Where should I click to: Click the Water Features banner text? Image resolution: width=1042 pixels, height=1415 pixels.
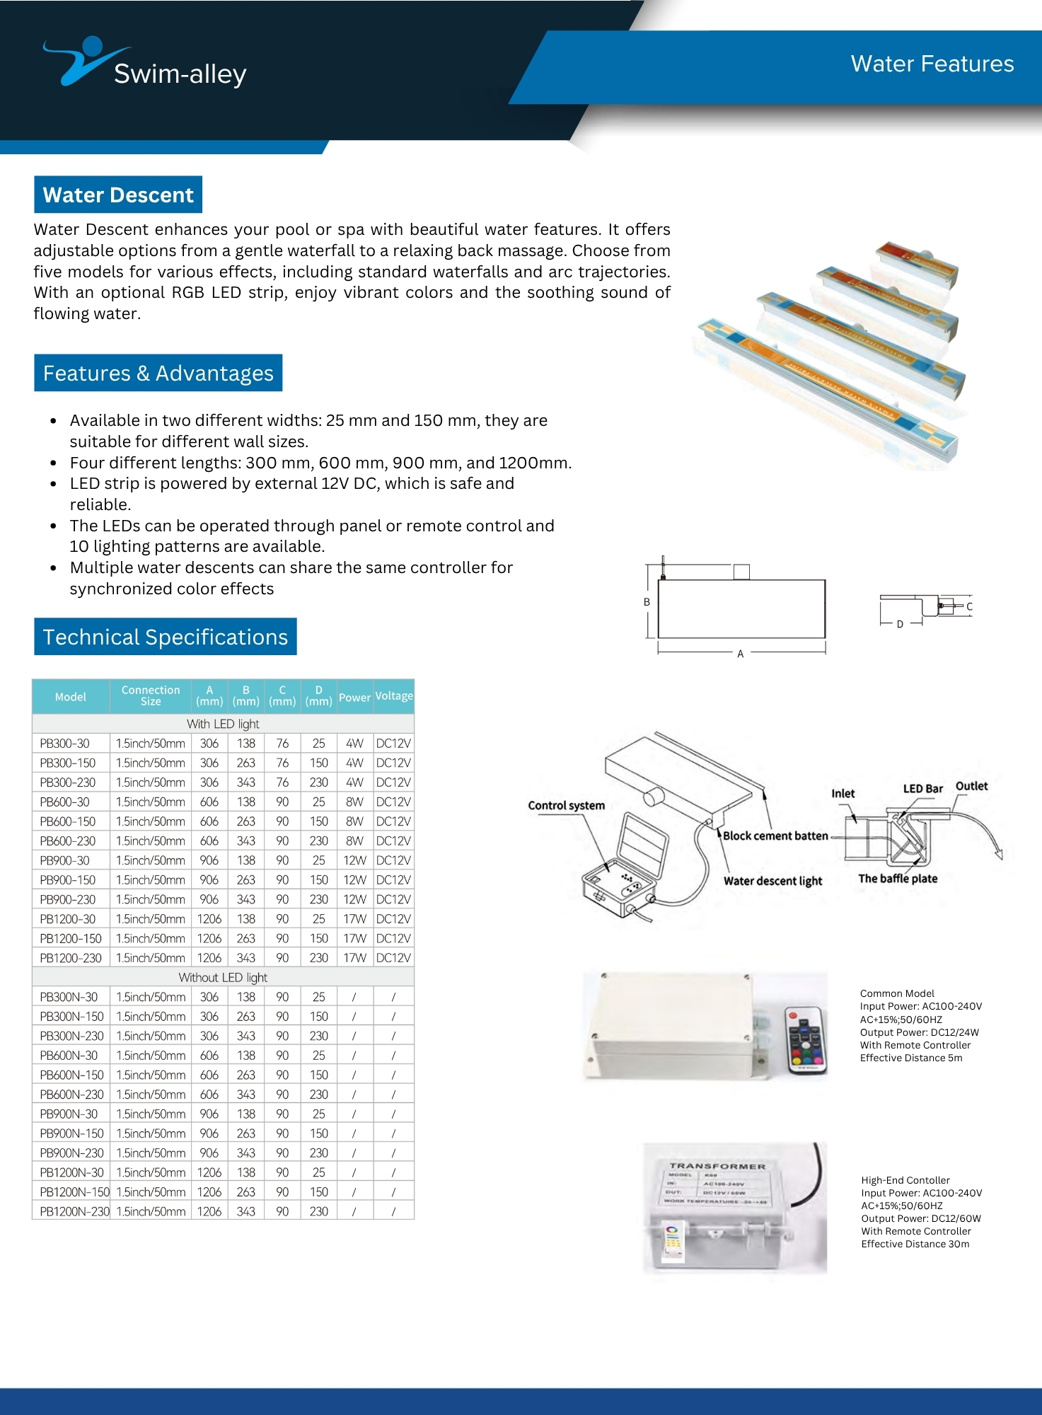pyautogui.click(x=932, y=64)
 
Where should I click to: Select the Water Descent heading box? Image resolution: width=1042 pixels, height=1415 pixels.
pyautogui.click(x=118, y=195)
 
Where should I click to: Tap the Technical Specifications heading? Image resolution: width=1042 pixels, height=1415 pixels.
pyautogui.click(x=166, y=637)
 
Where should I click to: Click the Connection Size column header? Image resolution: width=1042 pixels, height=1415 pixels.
pyautogui.click(x=150, y=695)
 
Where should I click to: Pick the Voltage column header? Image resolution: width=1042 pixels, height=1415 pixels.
pyautogui.click(x=394, y=696)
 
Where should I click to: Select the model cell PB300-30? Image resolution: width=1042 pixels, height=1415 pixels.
pyautogui.click(x=65, y=744)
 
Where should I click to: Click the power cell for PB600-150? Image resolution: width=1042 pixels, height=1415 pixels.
pyautogui.click(x=354, y=821)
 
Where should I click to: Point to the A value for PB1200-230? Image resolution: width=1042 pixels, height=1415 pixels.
pyautogui.click(x=209, y=958)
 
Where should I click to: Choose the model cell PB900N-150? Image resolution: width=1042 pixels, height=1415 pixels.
pyautogui.click(x=71, y=1133)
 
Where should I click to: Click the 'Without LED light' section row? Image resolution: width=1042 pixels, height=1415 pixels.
pyautogui.click(x=223, y=977)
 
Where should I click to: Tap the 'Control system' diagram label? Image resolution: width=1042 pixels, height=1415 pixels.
pyautogui.click(x=566, y=805)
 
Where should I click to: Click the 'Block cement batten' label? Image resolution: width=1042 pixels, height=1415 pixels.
pyautogui.click(x=775, y=836)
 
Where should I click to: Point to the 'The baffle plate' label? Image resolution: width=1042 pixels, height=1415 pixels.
pyautogui.click(x=898, y=879)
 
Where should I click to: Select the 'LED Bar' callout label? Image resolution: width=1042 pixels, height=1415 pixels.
pyautogui.click(x=922, y=789)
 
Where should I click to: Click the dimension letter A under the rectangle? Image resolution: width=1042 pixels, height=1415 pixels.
pyautogui.click(x=741, y=654)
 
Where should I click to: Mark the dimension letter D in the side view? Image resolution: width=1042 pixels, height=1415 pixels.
pyautogui.click(x=900, y=624)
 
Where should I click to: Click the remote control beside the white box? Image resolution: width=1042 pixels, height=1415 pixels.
pyautogui.click(x=805, y=1039)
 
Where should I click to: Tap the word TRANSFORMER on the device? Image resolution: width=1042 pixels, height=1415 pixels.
pyautogui.click(x=717, y=1165)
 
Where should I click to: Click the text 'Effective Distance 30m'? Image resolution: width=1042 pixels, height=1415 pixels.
pyautogui.click(x=915, y=1244)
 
